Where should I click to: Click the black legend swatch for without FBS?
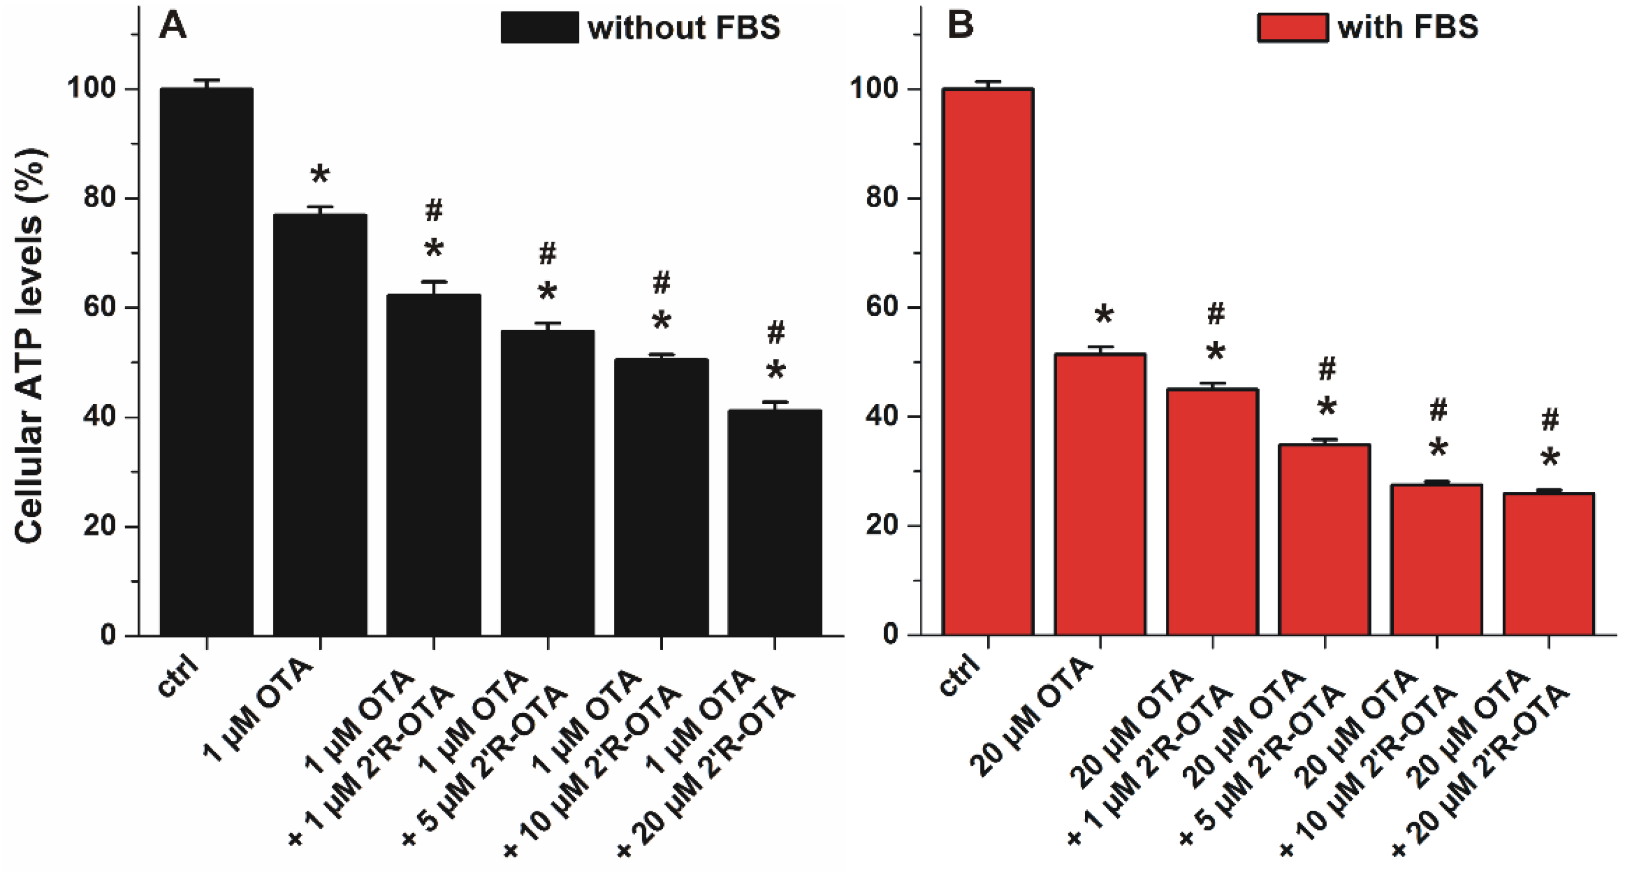[539, 28]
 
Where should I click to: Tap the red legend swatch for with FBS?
[1293, 28]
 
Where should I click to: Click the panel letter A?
[172, 26]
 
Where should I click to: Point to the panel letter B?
[960, 25]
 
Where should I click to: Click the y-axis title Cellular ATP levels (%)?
[29, 346]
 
